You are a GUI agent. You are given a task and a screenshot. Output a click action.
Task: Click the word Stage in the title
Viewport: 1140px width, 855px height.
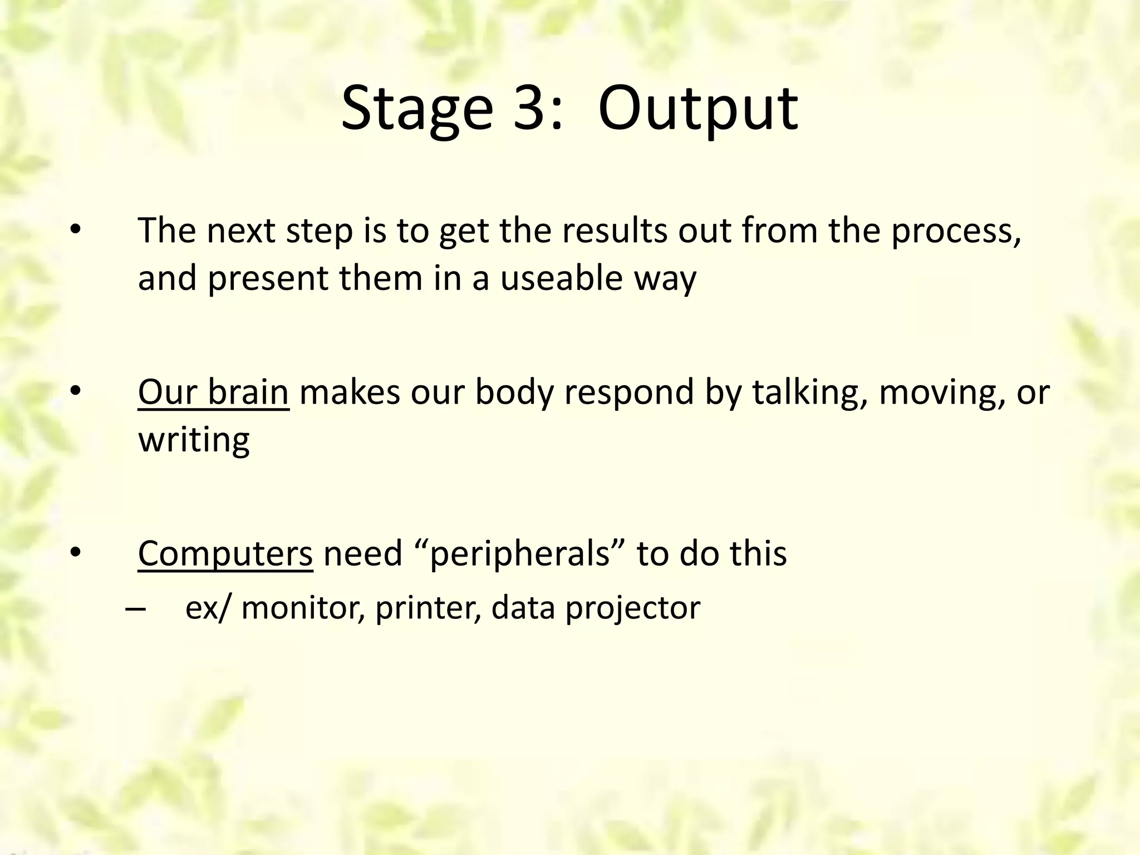coord(416,109)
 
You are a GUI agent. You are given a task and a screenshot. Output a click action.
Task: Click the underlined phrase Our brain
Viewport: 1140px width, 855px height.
coord(213,392)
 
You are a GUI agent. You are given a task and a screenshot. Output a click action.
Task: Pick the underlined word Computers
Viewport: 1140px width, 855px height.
coord(225,553)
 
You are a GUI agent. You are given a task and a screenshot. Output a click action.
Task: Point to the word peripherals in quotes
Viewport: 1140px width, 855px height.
coord(520,554)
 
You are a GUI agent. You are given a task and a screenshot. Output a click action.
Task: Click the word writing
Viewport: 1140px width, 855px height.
coord(194,440)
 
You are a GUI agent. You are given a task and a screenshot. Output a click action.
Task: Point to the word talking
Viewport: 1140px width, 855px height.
coord(810,392)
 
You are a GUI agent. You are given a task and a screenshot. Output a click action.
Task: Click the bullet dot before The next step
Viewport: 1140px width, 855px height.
coord(76,230)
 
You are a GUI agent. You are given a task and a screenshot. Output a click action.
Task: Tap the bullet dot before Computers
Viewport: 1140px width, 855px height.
coord(76,553)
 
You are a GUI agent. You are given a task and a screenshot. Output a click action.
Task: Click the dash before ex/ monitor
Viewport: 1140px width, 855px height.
coord(135,608)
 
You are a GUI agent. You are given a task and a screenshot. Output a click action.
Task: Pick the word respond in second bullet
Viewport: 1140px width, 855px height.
coord(629,393)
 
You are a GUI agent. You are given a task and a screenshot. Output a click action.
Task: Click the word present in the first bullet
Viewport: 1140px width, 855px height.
coord(268,279)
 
